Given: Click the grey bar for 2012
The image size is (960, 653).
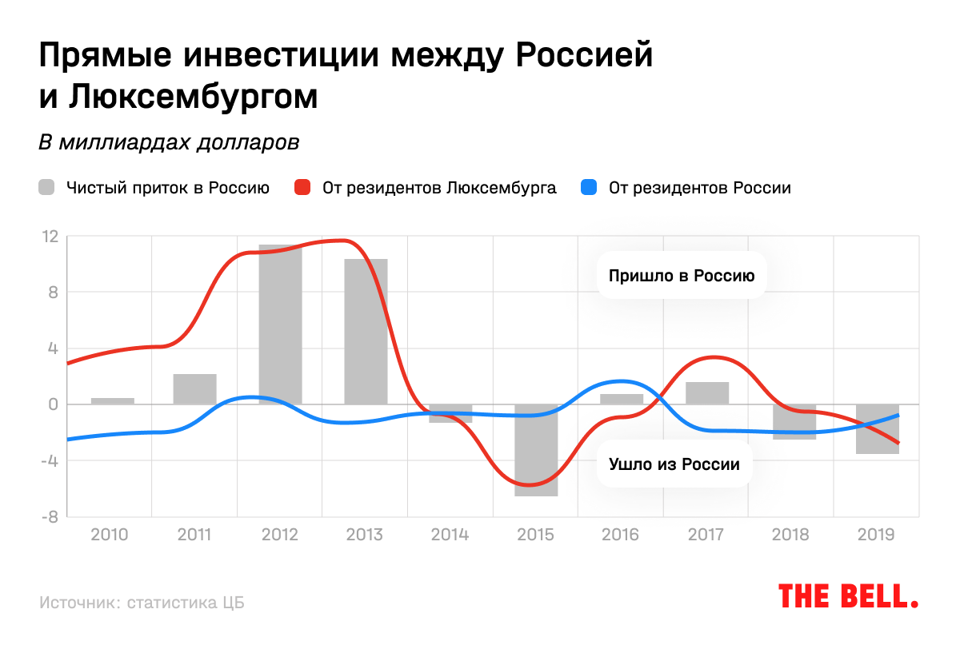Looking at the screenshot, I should [x=280, y=336].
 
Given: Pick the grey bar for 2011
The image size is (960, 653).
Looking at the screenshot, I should [x=194, y=389].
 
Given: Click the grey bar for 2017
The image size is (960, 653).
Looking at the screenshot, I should [x=707, y=393].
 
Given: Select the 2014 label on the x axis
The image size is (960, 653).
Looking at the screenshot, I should [x=450, y=534].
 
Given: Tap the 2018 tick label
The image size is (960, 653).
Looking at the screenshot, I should [x=791, y=534].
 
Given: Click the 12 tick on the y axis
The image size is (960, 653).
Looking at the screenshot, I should [x=51, y=237].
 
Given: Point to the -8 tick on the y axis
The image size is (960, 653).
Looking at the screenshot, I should [x=50, y=517].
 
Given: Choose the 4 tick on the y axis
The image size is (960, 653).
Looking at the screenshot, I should [x=54, y=348].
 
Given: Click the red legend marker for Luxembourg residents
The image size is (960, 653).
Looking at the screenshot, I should [x=302, y=189].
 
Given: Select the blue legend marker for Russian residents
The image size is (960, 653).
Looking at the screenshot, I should [x=589, y=189].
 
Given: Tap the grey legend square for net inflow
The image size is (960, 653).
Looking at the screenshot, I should [x=47, y=189].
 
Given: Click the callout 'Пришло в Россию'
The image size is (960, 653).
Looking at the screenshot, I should [x=682, y=277].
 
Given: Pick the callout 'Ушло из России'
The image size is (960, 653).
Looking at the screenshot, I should [x=674, y=464].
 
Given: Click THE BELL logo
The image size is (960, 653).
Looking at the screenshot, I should [x=848, y=595].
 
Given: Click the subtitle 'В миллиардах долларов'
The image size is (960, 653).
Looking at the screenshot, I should [x=169, y=143].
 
